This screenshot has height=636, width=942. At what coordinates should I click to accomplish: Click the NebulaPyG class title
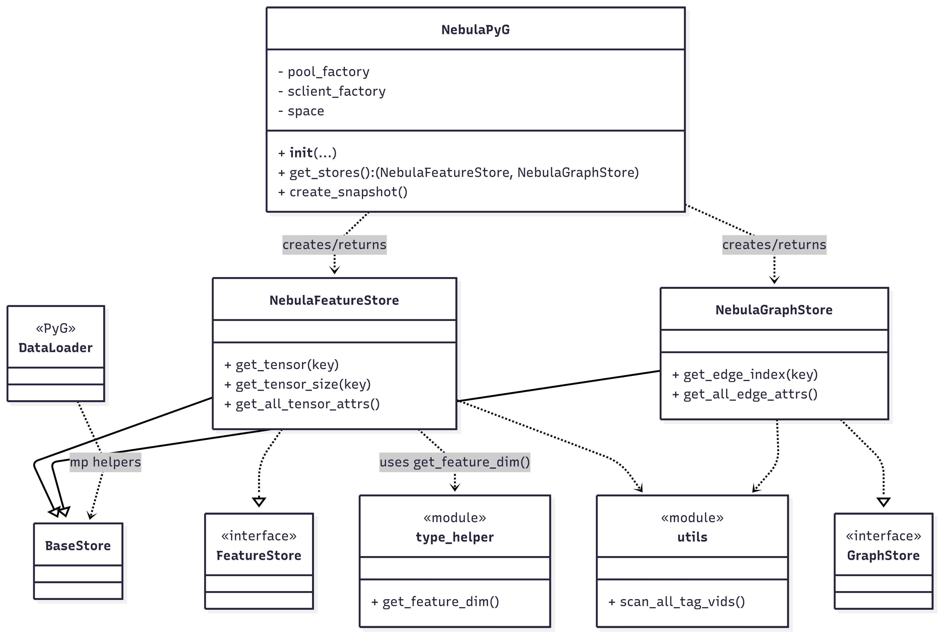pos(475,30)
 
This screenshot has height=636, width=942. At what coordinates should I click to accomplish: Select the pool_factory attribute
pos(324,72)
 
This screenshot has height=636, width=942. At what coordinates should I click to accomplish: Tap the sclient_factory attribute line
pos(332,91)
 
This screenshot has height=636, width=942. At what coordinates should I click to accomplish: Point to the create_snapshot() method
pos(343,192)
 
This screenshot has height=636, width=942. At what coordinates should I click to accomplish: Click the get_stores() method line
pos(458,172)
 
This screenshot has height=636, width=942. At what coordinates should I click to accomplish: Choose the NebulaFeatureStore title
pos(334,300)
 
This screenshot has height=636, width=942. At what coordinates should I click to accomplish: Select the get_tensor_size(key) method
pos(298,384)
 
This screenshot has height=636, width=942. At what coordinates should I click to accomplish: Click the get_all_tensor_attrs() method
pos(302,404)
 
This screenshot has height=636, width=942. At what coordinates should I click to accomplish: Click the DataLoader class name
pos(55,348)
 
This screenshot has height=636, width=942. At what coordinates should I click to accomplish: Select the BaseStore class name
pos(78,546)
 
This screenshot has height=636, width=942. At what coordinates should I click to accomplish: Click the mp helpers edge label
pos(105,462)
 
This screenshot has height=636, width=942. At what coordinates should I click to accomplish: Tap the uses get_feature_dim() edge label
pos(454,462)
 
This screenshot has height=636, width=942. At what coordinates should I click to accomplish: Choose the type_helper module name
pos(454,537)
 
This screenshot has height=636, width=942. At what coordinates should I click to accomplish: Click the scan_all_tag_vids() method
pos(677,602)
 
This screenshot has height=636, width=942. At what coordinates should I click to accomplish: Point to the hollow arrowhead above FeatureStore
pos(259,502)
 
